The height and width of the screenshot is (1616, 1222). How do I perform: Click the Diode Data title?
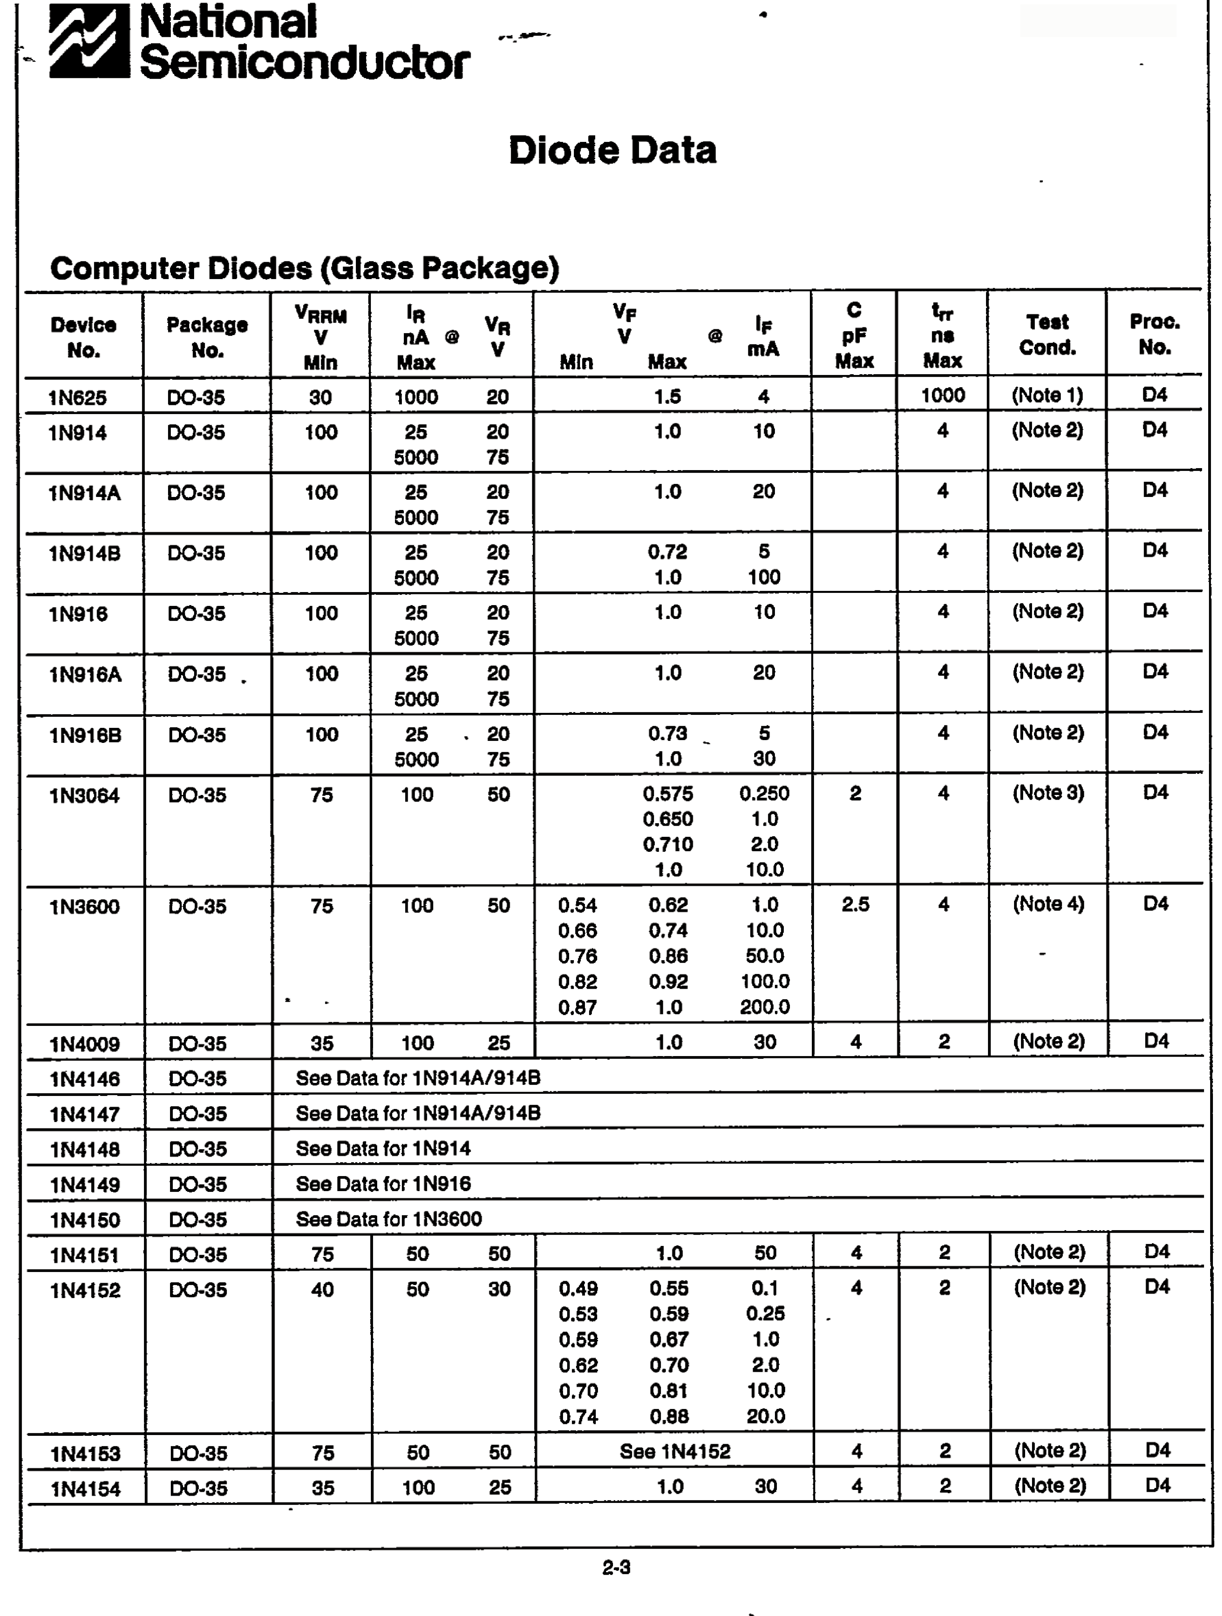coord(612,151)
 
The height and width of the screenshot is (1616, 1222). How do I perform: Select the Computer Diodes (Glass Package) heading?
coord(304,268)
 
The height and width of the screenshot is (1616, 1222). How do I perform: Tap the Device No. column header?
coord(83,337)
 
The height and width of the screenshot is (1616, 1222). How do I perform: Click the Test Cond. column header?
coord(1047,335)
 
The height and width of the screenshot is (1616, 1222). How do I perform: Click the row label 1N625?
coord(77,397)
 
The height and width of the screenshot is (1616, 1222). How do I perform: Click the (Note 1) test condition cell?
coord(1047,395)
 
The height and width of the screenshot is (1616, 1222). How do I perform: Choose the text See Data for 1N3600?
coord(389,1219)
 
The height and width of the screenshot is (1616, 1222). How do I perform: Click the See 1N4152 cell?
coord(675,1451)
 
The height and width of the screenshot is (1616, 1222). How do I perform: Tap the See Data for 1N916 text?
coord(383,1184)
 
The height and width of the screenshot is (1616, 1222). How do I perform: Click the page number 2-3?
coord(616,1567)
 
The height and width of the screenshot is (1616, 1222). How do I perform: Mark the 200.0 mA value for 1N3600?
coord(764,1007)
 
